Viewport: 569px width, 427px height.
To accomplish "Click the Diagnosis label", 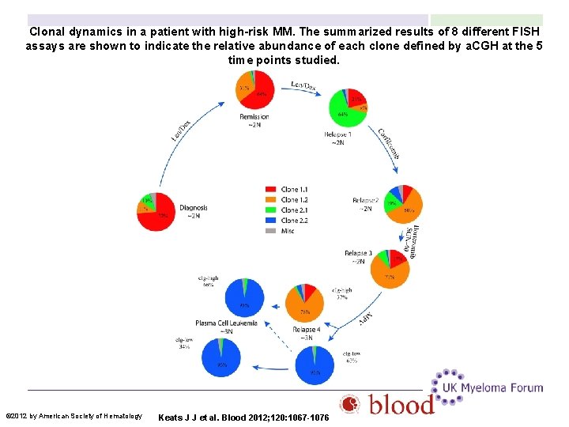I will [193, 208].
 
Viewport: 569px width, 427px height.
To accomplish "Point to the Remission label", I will [254, 117].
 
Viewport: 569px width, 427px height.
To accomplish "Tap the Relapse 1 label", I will [337, 134].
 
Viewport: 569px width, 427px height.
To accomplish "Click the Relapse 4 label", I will [307, 329].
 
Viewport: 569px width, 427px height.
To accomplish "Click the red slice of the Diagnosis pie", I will [162, 217].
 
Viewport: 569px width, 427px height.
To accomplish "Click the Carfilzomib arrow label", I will [388, 144].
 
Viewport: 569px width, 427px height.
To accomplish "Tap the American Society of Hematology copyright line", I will [73, 416].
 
